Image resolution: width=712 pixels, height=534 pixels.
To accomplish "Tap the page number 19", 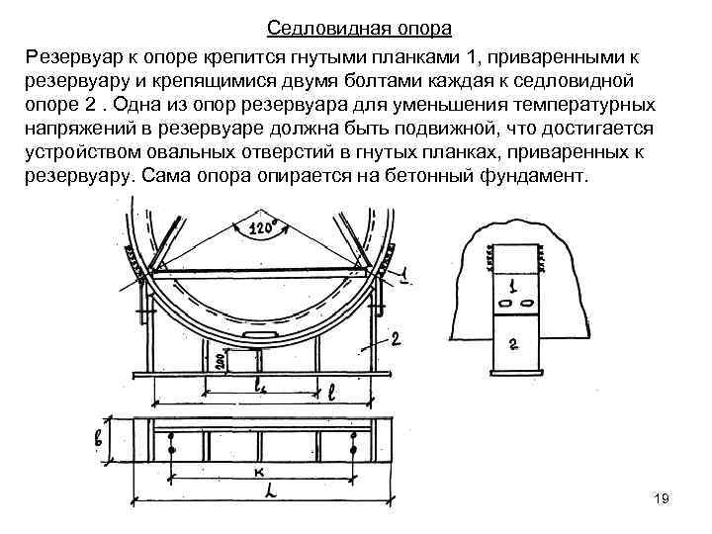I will pos(662,498).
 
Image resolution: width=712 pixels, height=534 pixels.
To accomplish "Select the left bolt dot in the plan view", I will pos(171,450).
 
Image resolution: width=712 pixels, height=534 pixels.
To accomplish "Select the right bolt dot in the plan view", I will pos(353,450).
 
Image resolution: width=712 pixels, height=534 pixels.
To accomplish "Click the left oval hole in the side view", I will pos(504,302).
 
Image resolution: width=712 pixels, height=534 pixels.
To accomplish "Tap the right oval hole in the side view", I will pos(526,302).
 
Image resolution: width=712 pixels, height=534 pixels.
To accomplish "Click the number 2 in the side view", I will pos(513,344).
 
